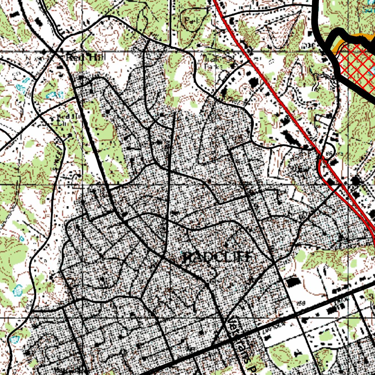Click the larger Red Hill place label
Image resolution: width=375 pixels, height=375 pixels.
pyautogui.click(x=81, y=57)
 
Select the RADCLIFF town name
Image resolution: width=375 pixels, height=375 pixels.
pyautogui.click(x=217, y=257)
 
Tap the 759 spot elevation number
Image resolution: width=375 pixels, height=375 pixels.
pyautogui.click(x=301, y=303)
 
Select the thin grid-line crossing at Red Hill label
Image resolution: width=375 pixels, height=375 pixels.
pyautogui.click(x=83, y=51)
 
